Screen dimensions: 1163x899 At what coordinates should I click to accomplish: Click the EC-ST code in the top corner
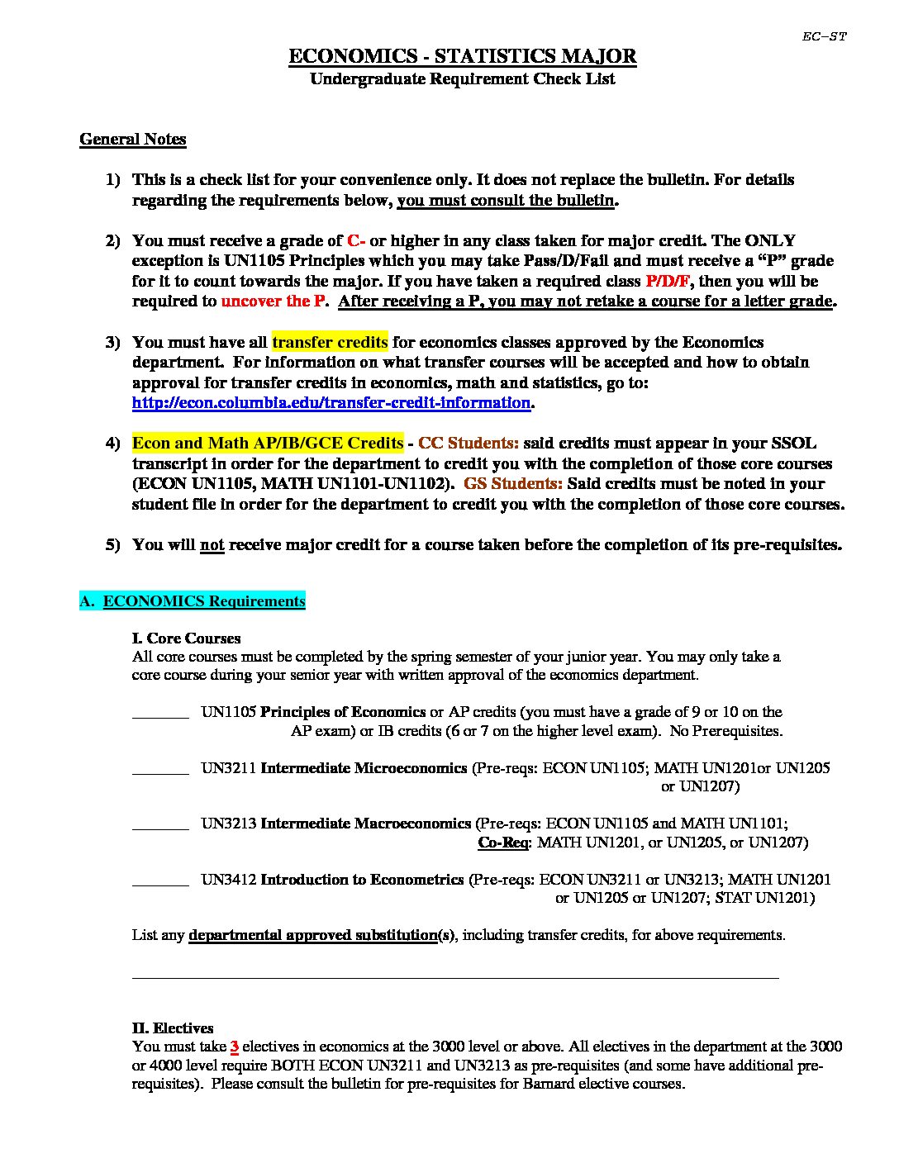pos(824,36)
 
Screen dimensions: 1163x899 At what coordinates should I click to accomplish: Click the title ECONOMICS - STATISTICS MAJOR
pos(462,56)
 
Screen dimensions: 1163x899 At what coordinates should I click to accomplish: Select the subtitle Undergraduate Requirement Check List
pos(462,79)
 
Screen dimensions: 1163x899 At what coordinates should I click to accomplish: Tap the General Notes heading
pos(132,139)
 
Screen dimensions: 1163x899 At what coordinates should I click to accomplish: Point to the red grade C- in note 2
pos(356,240)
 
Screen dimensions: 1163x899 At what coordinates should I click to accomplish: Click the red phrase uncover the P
pos(273,301)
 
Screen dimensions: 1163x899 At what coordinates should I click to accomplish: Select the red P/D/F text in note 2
pos(668,281)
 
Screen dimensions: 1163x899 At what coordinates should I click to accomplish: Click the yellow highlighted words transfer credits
pos(330,342)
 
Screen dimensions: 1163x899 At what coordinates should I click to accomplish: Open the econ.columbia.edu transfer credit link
pos(331,403)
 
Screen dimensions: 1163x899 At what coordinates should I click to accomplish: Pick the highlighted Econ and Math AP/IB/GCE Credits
pos(268,444)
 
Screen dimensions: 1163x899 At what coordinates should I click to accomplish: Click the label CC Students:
pos(469,444)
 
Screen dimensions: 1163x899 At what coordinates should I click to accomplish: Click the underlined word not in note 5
pos(212,545)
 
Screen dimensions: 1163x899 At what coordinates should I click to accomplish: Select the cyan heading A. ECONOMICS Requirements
pos(193,601)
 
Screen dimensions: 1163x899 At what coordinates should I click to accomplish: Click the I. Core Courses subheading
pos(186,638)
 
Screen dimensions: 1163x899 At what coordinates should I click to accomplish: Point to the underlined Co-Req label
pos(503,843)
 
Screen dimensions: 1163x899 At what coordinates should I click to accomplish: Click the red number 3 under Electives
pos(235,1047)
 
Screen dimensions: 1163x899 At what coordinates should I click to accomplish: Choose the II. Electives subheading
pos(173,1028)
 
